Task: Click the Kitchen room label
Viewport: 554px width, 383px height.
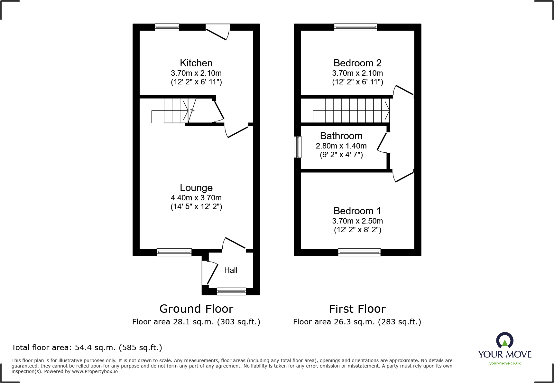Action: click(196, 63)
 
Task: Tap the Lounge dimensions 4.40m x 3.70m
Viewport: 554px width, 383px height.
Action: click(196, 198)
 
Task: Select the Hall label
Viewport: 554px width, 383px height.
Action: click(231, 270)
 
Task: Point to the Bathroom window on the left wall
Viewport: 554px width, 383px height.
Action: click(298, 147)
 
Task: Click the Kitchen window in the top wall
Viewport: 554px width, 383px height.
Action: click(167, 27)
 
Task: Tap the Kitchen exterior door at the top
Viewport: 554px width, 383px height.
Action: click(218, 32)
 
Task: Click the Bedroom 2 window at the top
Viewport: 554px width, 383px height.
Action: click(355, 27)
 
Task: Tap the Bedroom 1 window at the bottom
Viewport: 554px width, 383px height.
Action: click(359, 252)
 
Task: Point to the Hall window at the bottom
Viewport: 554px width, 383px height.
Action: click(231, 292)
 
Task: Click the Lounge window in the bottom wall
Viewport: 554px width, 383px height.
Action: click(174, 252)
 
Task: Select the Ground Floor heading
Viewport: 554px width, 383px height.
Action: click(196, 309)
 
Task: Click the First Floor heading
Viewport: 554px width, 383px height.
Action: click(357, 309)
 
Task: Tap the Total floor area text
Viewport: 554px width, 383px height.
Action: click(87, 348)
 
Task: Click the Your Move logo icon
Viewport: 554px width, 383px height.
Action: click(504, 340)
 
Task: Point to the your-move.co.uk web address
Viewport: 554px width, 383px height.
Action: click(505, 363)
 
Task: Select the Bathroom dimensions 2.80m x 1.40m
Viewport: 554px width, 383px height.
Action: click(341, 146)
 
